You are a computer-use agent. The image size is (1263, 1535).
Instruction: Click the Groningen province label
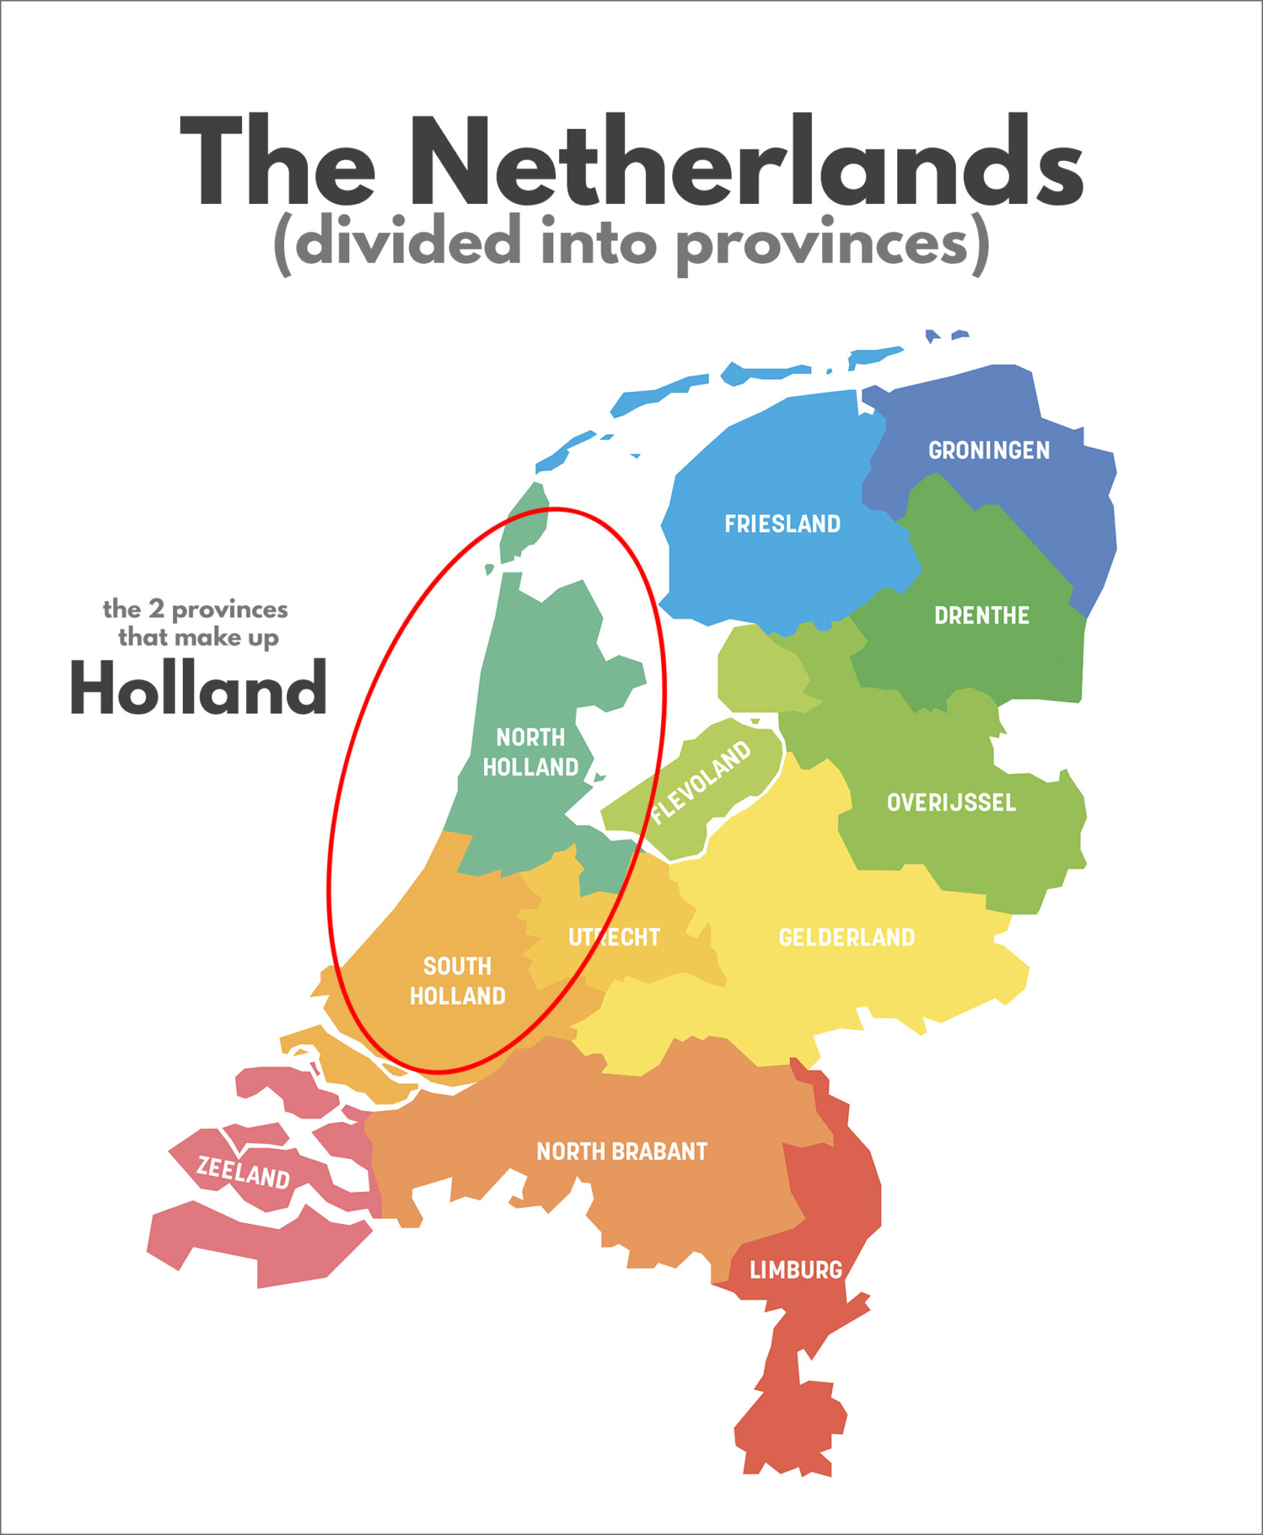coord(989,450)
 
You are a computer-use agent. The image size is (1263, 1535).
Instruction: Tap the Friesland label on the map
coord(783,524)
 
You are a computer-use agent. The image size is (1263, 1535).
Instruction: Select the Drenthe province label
coord(981,615)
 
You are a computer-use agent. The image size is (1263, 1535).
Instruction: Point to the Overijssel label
coord(951,803)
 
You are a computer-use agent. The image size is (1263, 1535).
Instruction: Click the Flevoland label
coord(700,782)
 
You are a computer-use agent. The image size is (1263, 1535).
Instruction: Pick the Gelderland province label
coord(846,938)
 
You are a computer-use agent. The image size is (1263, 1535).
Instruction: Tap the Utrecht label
coord(614,938)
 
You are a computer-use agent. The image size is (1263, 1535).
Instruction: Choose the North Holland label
coord(531,753)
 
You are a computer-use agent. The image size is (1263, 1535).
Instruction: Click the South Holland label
coord(457,981)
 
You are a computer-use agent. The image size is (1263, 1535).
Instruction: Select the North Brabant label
coord(621,1151)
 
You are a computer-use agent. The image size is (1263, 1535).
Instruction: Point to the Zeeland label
coord(243,1171)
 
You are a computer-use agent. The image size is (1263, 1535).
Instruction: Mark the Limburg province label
coord(796,1270)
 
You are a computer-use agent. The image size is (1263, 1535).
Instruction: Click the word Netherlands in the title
coord(746,161)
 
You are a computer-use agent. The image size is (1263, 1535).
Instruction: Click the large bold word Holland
coord(198,688)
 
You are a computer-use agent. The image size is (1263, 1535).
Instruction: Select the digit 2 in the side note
coord(156,609)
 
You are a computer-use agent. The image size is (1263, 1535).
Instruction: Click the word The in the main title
coord(277,161)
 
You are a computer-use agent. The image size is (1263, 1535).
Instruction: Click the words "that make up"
coord(198,638)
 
